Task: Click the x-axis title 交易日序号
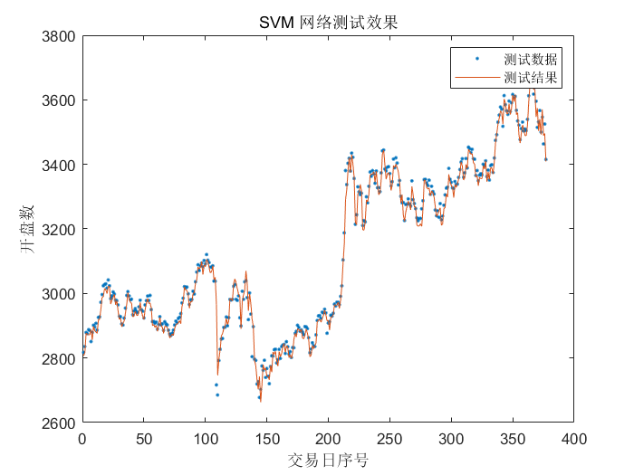[328, 461]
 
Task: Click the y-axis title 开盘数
[29, 230]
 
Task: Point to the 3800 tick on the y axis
[59, 35]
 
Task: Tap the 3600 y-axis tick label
[59, 100]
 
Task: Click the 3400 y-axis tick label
[59, 165]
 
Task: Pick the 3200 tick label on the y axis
[59, 229]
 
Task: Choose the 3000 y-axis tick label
[59, 294]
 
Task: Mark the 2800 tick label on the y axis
[59, 359]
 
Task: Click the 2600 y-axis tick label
[59, 423]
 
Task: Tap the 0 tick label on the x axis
[82, 439]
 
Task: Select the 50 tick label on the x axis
[144, 439]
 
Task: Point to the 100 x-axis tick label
[206, 439]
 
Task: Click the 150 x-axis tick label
[267, 439]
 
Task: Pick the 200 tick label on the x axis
[328, 439]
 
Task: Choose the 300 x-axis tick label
[451, 439]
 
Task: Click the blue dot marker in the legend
[476, 59]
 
